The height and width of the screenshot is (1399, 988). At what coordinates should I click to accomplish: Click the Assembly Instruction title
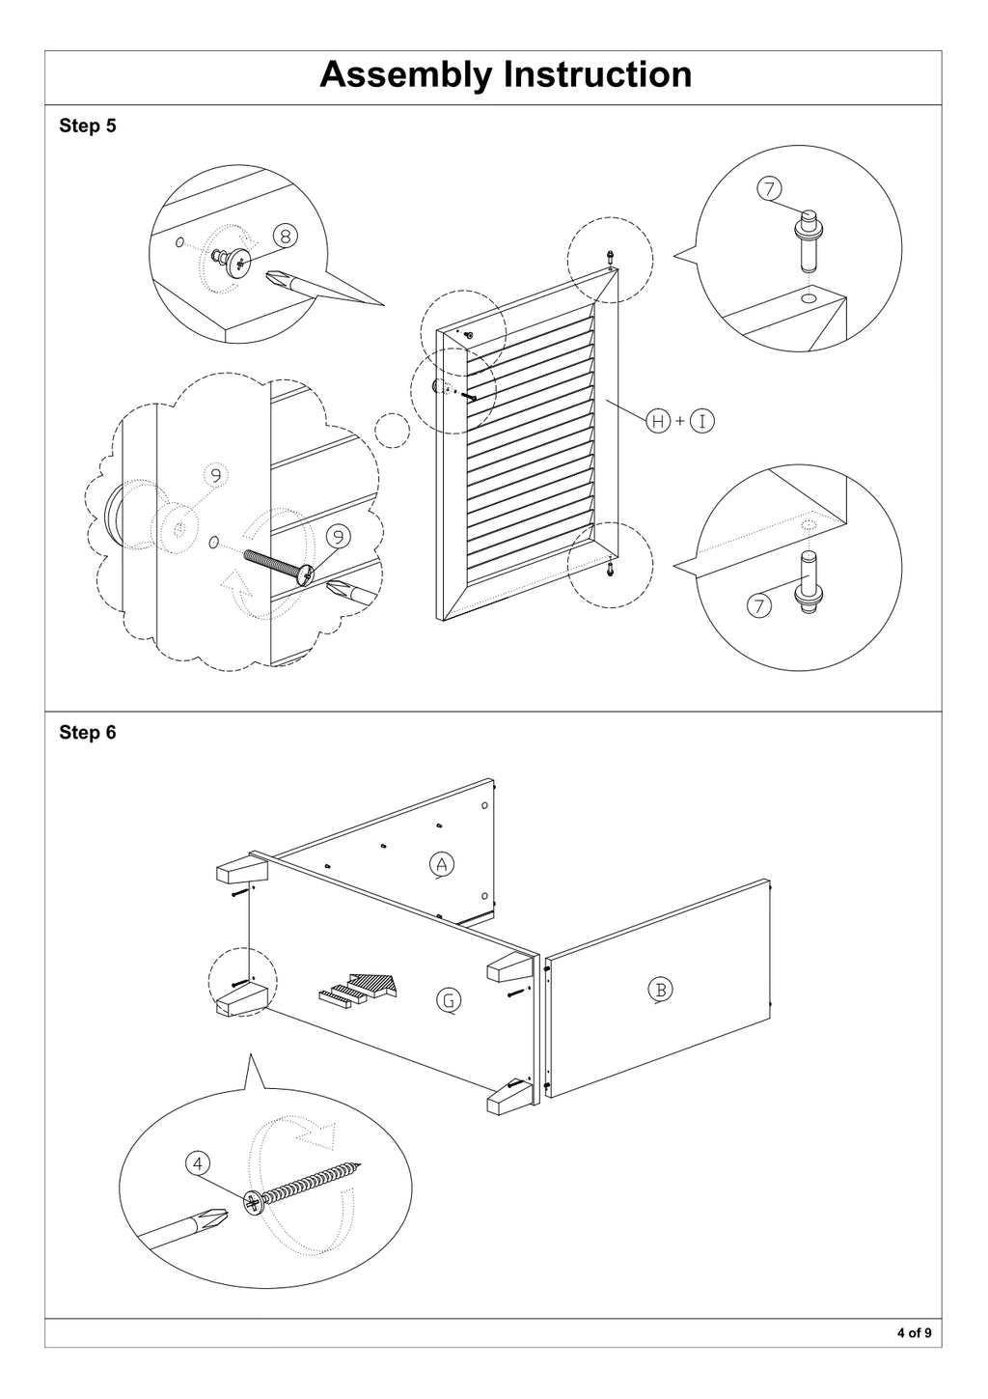click(x=506, y=75)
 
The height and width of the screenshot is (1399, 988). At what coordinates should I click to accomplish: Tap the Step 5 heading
click(x=88, y=126)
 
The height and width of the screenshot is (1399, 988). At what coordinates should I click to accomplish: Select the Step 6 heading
click(x=88, y=732)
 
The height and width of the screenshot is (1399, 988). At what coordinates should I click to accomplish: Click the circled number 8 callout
click(x=286, y=237)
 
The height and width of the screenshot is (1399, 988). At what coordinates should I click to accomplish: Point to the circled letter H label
click(x=658, y=422)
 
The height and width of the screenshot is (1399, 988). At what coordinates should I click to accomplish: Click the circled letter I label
click(x=702, y=422)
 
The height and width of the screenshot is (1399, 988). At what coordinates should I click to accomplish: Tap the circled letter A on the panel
click(x=441, y=864)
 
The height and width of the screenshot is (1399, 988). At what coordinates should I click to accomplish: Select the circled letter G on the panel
click(x=448, y=1000)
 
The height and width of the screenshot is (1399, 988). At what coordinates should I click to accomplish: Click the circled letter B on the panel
click(x=660, y=990)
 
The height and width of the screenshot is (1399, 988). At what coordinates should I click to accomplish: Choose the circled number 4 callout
click(x=198, y=1163)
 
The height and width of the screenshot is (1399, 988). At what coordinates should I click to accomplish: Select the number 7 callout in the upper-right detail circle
click(x=769, y=188)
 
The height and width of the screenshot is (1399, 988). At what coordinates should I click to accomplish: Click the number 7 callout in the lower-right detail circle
click(x=759, y=605)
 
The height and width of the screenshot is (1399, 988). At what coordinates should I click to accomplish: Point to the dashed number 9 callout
click(x=215, y=476)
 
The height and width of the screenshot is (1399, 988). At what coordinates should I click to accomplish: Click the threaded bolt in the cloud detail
click(x=279, y=565)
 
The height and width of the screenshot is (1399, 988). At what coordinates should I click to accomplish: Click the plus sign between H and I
click(x=680, y=422)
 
